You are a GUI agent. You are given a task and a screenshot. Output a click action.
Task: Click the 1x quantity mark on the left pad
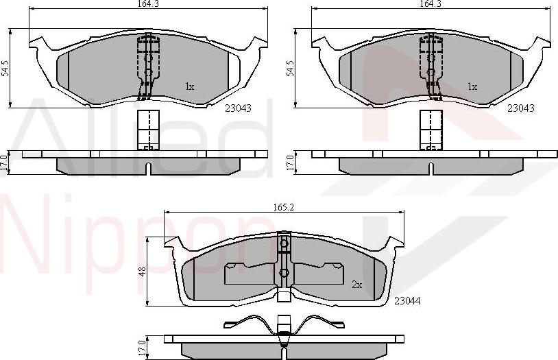click(190, 87)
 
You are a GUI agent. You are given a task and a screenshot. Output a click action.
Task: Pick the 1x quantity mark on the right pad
click(472, 87)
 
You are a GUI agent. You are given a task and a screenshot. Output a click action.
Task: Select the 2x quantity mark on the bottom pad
click(356, 284)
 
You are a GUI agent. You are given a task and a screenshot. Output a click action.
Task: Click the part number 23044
click(407, 300)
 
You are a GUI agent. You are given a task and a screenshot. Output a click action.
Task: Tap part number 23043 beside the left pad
click(239, 108)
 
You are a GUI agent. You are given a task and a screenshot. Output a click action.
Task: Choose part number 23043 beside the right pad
click(521, 108)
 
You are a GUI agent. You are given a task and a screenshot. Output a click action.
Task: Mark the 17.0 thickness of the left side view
click(5, 163)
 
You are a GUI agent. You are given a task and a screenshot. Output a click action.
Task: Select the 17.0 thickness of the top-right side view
click(290, 163)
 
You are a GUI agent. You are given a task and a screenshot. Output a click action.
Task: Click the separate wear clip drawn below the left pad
click(147, 130)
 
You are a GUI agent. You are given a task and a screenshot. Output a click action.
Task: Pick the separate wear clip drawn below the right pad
click(430, 130)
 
